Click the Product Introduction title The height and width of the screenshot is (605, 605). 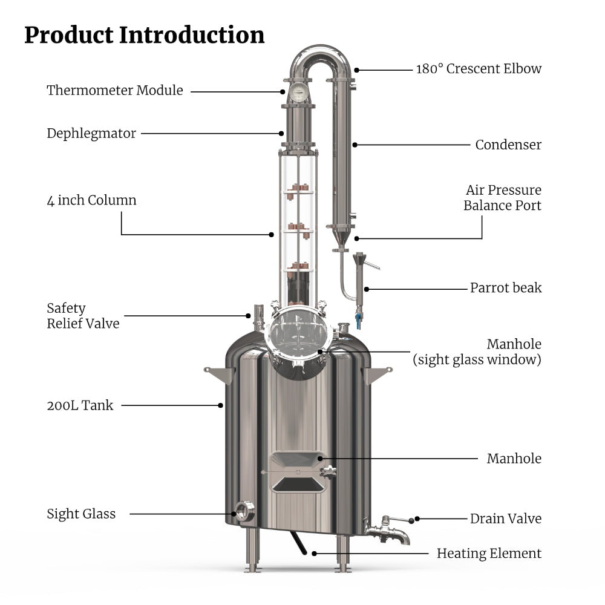144,35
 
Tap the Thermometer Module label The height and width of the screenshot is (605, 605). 115,91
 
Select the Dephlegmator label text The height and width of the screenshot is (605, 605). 91,133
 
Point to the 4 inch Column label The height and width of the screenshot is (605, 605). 91,200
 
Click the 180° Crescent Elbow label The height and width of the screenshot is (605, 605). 479,68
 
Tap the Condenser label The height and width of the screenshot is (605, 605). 508,145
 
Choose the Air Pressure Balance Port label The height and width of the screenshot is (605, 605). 502,198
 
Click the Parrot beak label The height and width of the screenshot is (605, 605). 506,287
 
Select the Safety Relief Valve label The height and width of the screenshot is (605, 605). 83,316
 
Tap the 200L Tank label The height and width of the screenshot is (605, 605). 80,405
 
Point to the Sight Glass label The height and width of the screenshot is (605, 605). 81,514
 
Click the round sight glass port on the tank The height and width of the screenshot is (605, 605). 244,512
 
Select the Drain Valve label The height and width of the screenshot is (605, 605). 505,518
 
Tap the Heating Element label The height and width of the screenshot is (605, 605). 489,553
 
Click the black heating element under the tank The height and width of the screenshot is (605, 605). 300,541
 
